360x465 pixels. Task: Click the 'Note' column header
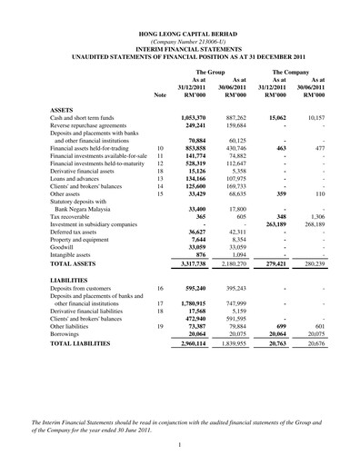[161, 94]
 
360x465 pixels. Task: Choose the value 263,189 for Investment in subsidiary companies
[280, 223]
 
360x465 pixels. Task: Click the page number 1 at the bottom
[180, 444]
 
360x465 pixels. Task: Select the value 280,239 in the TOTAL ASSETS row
[334, 263]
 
